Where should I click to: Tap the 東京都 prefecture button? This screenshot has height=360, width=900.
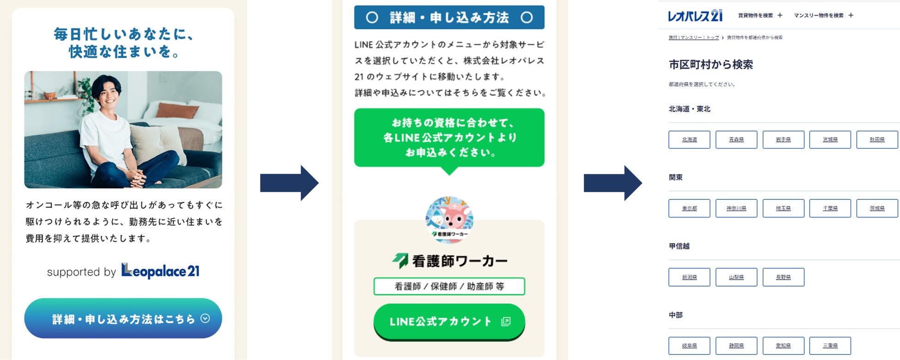689,208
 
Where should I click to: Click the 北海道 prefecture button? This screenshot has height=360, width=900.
689,139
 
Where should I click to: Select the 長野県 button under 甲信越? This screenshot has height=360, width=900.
783,277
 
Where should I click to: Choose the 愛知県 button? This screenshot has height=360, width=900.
783,345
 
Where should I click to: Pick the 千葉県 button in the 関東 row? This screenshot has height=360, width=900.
830,208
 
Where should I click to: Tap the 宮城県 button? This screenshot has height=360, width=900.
830,139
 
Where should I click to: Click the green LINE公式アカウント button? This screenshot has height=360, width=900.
449,322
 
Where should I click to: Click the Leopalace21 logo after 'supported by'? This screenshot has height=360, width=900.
160,271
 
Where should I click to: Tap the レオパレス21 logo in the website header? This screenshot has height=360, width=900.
695,16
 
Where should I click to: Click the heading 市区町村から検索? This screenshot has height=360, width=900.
711,65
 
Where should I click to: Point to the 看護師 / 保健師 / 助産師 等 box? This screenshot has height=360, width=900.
449,286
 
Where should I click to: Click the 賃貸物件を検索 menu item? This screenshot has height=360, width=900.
755,16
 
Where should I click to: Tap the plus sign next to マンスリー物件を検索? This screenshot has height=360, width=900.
851,16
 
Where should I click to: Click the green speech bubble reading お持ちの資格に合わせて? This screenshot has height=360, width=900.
449,138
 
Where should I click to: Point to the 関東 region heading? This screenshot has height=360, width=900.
676,177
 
